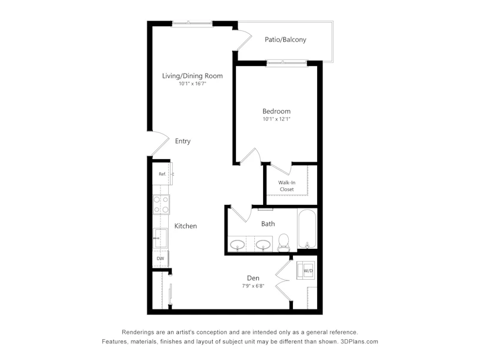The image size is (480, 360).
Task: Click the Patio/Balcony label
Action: [x=285, y=39]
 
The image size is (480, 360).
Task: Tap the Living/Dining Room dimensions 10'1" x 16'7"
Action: [x=192, y=84]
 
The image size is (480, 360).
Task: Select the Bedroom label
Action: [x=276, y=111]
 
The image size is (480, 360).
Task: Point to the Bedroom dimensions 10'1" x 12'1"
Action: [x=276, y=119]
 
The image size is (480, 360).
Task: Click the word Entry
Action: [x=183, y=141]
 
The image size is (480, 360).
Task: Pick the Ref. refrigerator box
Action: [x=162, y=173]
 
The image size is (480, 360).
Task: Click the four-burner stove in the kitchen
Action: [x=161, y=204]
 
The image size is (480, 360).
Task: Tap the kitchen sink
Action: [x=160, y=238]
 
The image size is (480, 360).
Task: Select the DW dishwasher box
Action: [x=160, y=258]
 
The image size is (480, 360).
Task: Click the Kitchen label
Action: [x=185, y=226]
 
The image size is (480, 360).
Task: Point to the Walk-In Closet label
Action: [x=287, y=186]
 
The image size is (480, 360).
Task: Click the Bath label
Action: [x=268, y=224]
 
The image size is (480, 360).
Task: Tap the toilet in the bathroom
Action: [x=283, y=243]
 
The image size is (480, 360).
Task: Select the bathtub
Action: [x=307, y=229]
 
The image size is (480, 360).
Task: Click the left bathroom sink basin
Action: [x=237, y=245]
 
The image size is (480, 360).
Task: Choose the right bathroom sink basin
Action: [x=263, y=245]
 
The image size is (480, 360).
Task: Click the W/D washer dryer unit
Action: [x=305, y=270]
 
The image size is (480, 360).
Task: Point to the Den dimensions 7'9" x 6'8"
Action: [x=253, y=286]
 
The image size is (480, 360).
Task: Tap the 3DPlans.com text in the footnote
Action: [x=359, y=342]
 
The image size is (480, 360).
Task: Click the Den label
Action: [x=253, y=278]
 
